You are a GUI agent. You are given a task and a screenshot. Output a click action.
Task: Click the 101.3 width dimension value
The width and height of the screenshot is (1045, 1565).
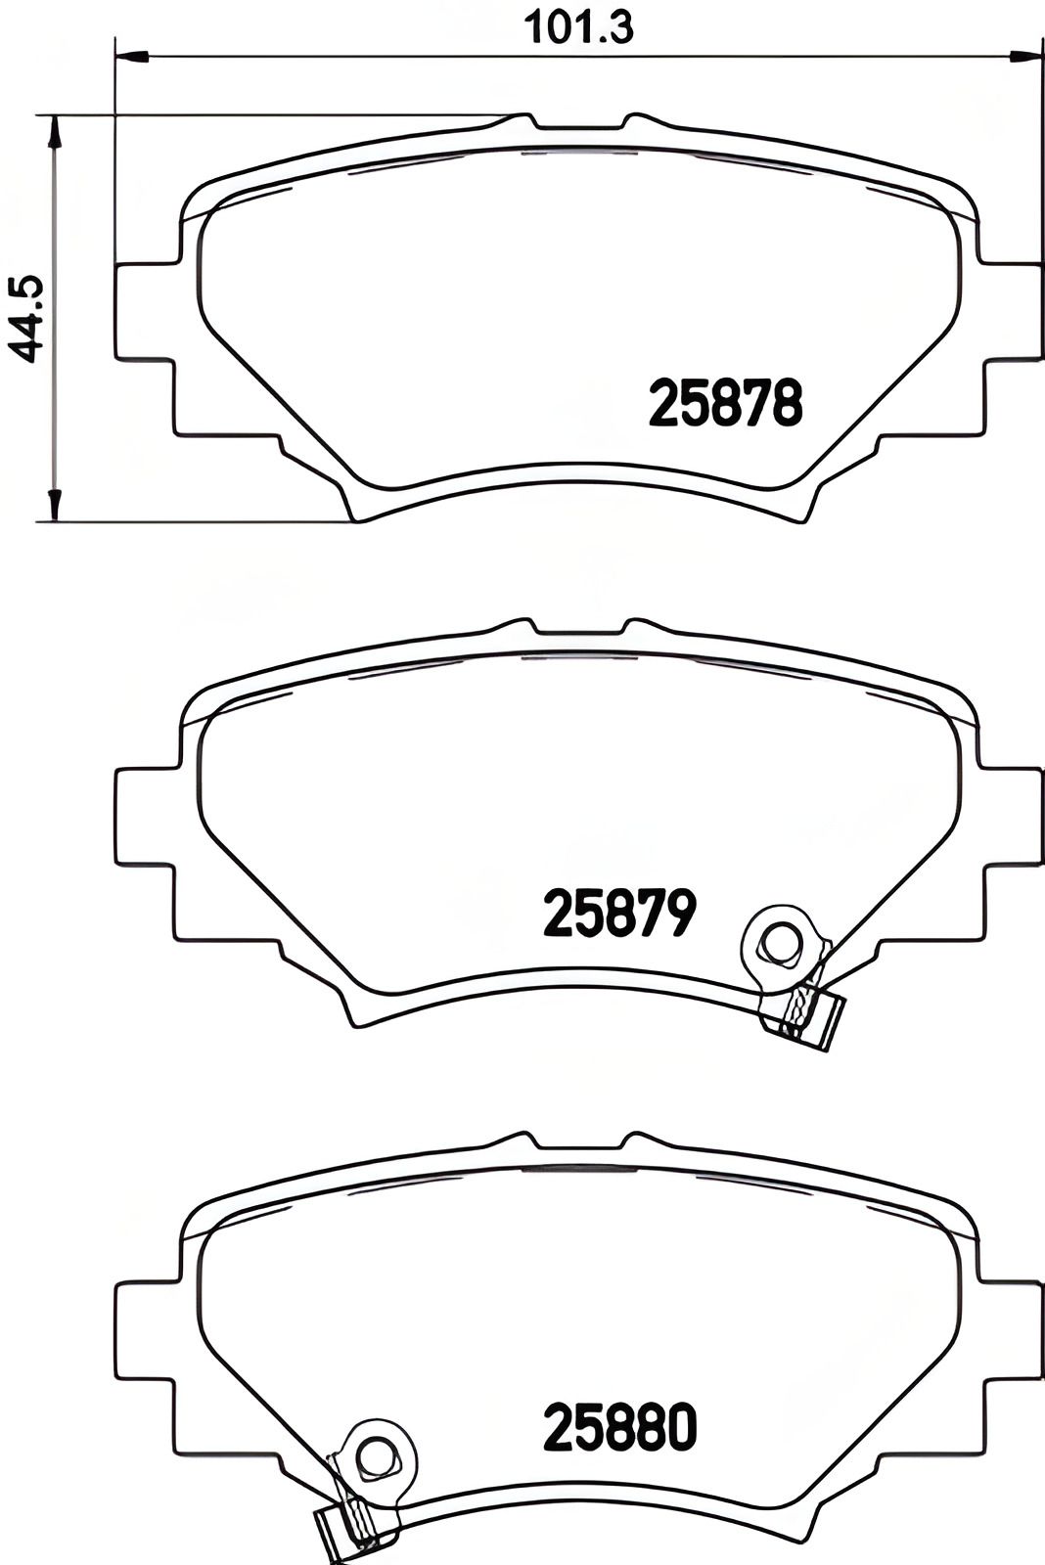click(x=579, y=27)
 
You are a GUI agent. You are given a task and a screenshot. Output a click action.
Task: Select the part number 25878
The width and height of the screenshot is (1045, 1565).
click(x=726, y=404)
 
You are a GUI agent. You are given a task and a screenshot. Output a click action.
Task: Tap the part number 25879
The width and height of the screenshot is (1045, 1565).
click(x=619, y=914)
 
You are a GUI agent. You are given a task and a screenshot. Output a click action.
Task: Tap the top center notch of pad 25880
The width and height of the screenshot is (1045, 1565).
click(x=579, y=1144)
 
